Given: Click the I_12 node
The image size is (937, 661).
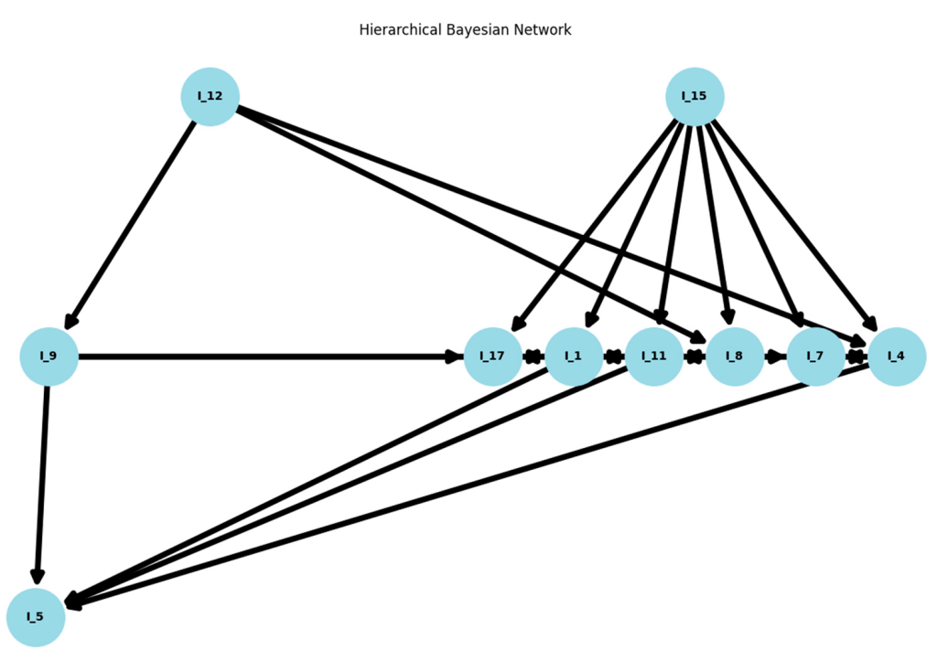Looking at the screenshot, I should point(210,96).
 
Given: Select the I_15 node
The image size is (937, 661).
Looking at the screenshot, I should point(695,96).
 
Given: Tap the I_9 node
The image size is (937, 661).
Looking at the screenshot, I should point(48,357).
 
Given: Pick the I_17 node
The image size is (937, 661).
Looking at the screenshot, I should point(493,357).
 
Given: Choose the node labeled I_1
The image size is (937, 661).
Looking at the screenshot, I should point(574,357).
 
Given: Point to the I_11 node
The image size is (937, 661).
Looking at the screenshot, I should point(654,357).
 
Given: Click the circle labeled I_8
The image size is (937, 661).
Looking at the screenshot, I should point(735,357).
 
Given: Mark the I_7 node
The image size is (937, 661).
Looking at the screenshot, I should point(815,357).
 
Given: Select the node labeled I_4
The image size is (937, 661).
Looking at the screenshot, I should point(897,357).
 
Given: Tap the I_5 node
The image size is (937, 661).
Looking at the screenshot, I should point(35,617).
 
